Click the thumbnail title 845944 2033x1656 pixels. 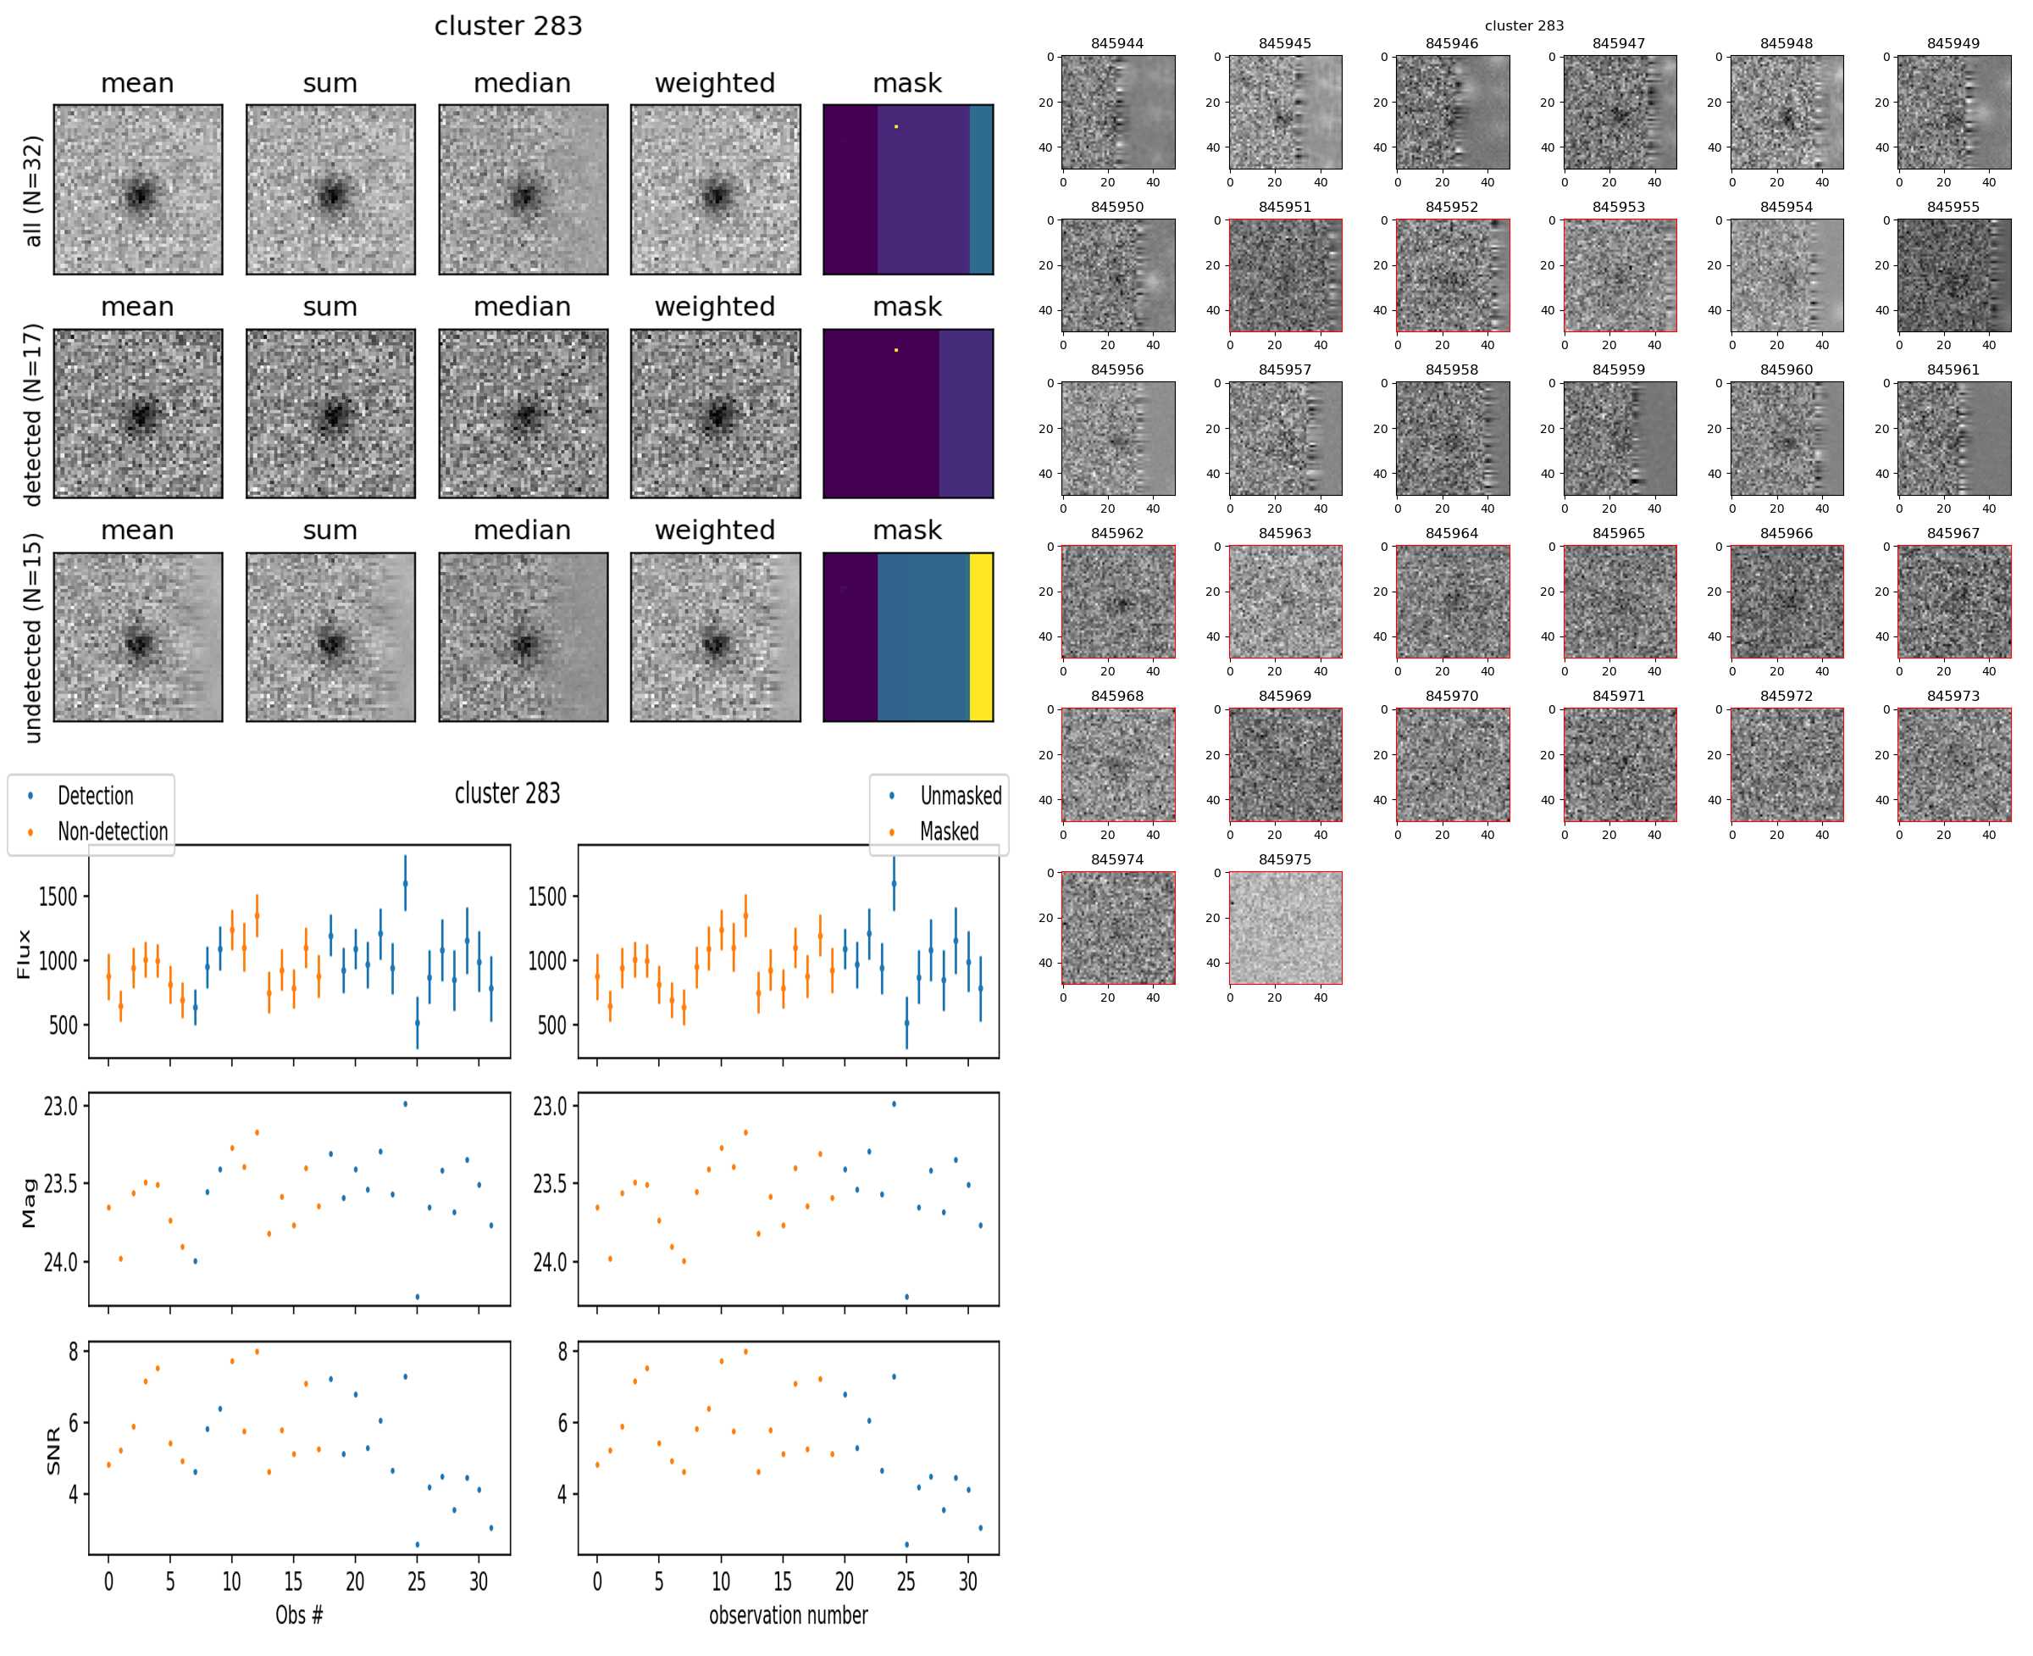pos(1116,44)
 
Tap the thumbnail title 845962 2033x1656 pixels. pos(1116,533)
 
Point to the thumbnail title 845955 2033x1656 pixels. pos(1952,207)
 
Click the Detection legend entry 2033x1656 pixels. pos(94,796)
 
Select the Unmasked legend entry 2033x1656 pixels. pos(959,796)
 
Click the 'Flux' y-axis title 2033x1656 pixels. pos(25,954)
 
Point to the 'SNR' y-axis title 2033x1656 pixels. pos(53,1451)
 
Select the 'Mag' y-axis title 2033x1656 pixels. pos(29,1202)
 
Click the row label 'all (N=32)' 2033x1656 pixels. pos(33,191)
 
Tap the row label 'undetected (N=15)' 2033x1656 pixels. pos(33,637)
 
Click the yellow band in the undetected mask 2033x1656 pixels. pos(980,637)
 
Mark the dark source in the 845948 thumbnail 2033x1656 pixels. pos(1787,119)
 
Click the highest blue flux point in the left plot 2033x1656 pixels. pos(405,883)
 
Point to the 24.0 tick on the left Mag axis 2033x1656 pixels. pos(60,1262)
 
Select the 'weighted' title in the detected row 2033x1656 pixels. pos(714,307)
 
